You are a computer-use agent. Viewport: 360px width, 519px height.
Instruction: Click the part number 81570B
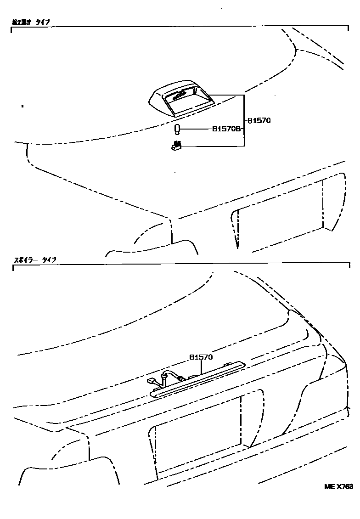pos(226,130)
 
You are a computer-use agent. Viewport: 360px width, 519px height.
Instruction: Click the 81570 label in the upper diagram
pos(259,121)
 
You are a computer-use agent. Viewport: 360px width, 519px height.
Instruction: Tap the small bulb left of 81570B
pos(178,129)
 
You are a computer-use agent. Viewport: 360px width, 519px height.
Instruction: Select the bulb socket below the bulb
pos(176,146)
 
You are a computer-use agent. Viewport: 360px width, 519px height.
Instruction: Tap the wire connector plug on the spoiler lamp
pos(152,381)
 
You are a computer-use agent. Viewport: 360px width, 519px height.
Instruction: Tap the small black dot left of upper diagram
pos(22,106)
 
